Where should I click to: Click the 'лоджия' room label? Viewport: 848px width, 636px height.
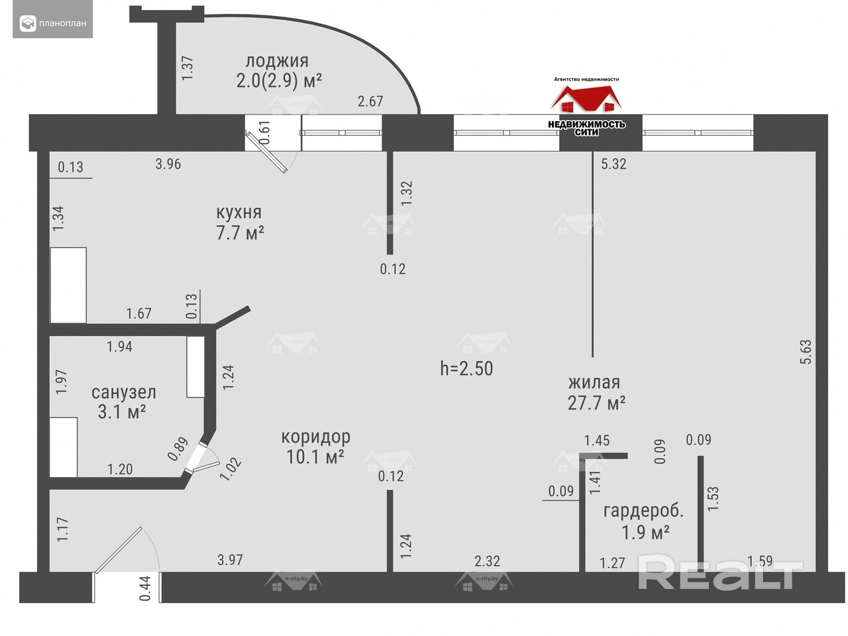(277, 61)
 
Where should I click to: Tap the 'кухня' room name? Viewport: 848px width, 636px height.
(239, 213)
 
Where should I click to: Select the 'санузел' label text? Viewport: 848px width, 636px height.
(123, 392)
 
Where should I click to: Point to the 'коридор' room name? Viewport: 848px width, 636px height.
(315, 437)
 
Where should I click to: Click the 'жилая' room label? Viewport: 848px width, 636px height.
(594, 382)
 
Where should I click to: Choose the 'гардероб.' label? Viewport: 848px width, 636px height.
(643, 511)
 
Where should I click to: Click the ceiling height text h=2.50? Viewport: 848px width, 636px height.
(466, 368)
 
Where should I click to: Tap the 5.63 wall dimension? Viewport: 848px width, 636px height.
(806, 352)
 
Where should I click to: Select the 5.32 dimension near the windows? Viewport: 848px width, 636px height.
(613, 164)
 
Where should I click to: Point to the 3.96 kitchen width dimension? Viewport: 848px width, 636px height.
(168, 164)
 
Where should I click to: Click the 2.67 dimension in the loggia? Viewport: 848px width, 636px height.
(370, 101)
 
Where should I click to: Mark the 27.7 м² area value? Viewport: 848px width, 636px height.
(596, 403)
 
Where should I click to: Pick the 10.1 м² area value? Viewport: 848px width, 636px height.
(315, 457)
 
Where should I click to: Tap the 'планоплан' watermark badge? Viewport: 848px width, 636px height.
(53, 24)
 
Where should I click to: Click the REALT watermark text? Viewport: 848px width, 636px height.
(720, 574)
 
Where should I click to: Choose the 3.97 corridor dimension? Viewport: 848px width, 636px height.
(230, 560)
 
